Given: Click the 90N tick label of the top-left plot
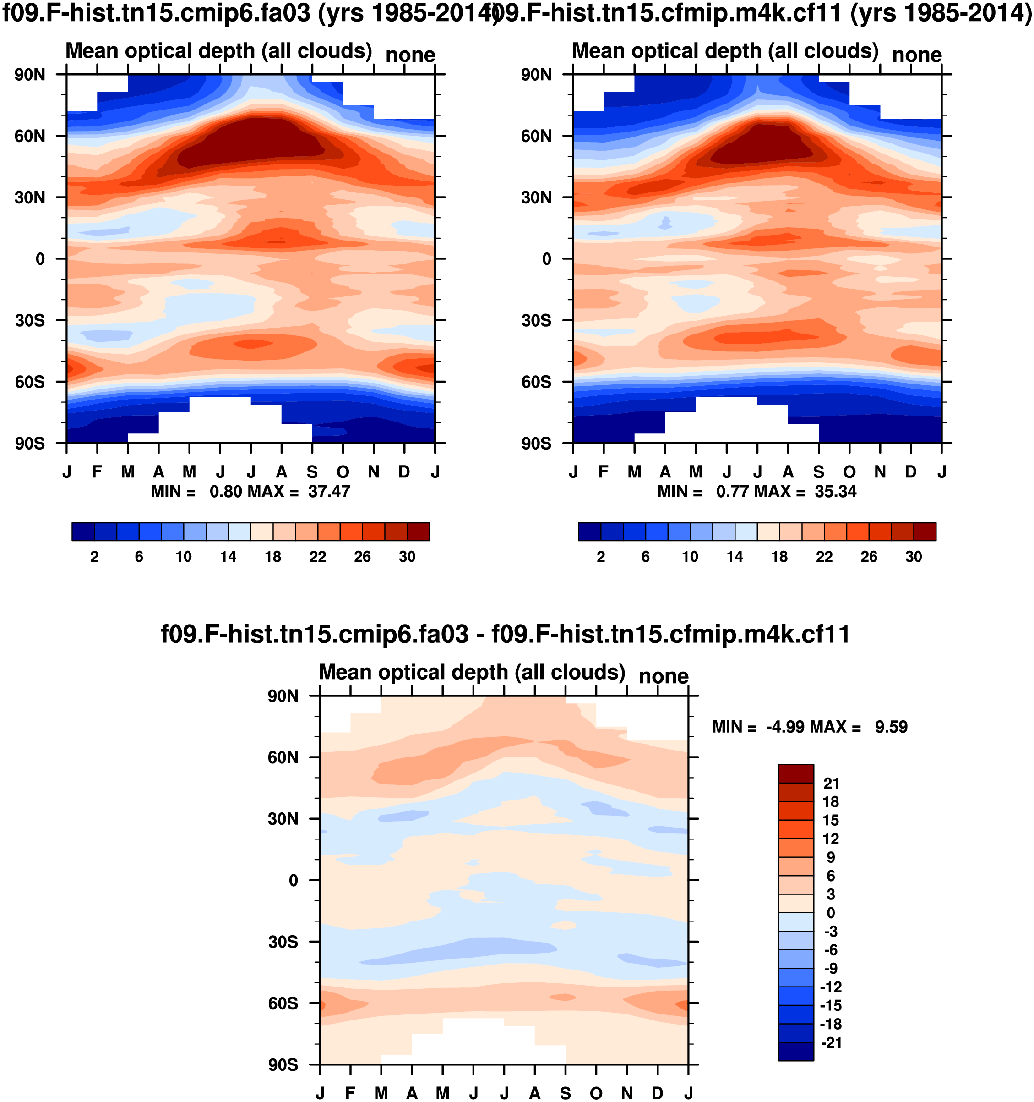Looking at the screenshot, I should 30,75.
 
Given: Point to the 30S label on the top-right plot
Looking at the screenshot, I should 536,321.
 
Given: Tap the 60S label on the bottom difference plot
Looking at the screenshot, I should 283,1004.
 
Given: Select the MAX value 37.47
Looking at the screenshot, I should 329,492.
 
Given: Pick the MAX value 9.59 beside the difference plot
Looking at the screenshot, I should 891,727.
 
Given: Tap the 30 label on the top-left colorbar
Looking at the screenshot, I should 407,557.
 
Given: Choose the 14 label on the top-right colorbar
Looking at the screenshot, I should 735,557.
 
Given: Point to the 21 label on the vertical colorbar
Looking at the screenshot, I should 831,783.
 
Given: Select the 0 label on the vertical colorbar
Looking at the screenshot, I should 831,913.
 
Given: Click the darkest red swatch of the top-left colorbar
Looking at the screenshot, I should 419,532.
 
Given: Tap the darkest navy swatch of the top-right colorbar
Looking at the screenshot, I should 590,532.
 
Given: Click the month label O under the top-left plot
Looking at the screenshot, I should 343,472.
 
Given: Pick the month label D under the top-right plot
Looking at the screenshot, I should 911,472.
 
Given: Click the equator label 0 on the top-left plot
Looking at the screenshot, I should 40,259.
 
